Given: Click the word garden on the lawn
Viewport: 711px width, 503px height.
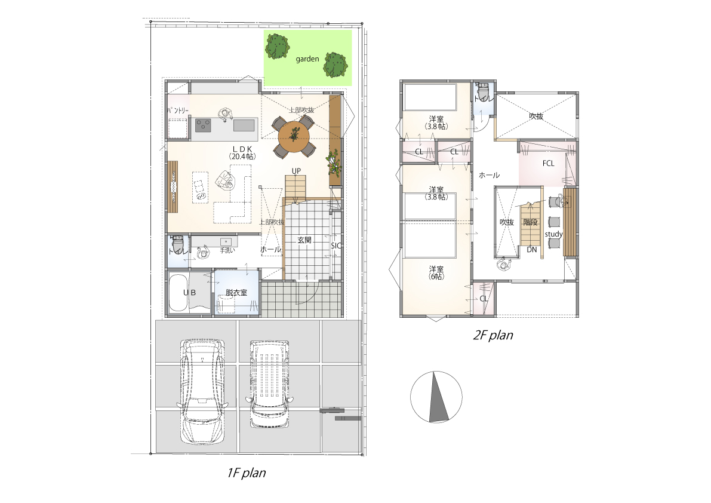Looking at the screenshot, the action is (307, 59).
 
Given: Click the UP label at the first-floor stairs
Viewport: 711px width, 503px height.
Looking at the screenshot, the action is (296, 171).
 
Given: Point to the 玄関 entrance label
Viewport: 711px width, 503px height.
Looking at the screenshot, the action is (304, 240).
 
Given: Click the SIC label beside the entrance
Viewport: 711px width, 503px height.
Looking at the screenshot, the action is (336, 246).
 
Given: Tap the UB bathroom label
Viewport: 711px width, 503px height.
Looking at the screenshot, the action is (189, 293).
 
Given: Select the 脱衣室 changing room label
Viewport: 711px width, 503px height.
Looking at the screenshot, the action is (236, 293).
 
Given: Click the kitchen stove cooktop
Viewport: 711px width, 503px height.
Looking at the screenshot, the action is (203, 125).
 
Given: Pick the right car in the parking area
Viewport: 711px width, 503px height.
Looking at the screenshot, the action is (269, 384).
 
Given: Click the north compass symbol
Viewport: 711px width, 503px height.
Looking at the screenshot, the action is (436, 397).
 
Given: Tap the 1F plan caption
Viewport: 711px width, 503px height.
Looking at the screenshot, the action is (246, 474).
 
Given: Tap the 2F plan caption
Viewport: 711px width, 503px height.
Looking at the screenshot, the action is (493, 335).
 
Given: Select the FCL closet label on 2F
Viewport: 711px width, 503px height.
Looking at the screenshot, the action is (548, 163).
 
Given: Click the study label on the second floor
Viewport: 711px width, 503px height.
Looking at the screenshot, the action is (553, 234).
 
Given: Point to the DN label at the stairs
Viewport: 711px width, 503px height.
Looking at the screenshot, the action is (532, 250).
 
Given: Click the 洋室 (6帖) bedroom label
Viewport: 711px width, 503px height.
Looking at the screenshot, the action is (436, 272).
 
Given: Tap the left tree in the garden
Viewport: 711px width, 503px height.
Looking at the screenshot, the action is (277, 46).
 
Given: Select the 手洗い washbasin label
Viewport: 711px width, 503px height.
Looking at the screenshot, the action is (227, 250).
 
